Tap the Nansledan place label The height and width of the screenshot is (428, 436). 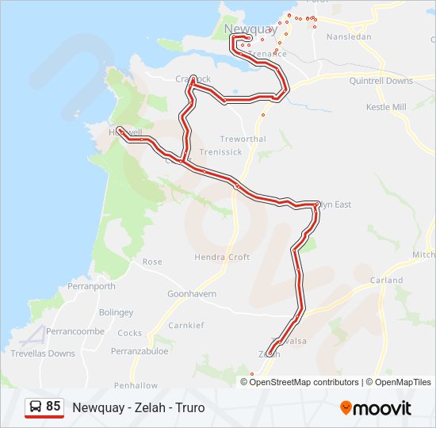(349, 37)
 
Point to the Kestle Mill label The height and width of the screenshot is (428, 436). (386, 107)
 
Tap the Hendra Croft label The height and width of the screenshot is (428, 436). (222, 257)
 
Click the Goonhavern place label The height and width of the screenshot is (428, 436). (191, 293)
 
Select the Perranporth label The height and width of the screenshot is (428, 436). (91, 286)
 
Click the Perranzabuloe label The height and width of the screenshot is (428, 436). (140, 350)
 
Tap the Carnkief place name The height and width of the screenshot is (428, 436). (186, 325)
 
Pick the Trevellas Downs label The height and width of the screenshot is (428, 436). (43, 353)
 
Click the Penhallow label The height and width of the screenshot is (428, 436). (136, 385)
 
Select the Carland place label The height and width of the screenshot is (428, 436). (386, 281)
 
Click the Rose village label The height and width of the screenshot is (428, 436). (151, 262)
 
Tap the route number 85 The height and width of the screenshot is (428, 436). (53, 407)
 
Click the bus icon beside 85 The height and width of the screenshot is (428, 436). (36, 407)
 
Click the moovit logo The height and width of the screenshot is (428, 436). (376, 408)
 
